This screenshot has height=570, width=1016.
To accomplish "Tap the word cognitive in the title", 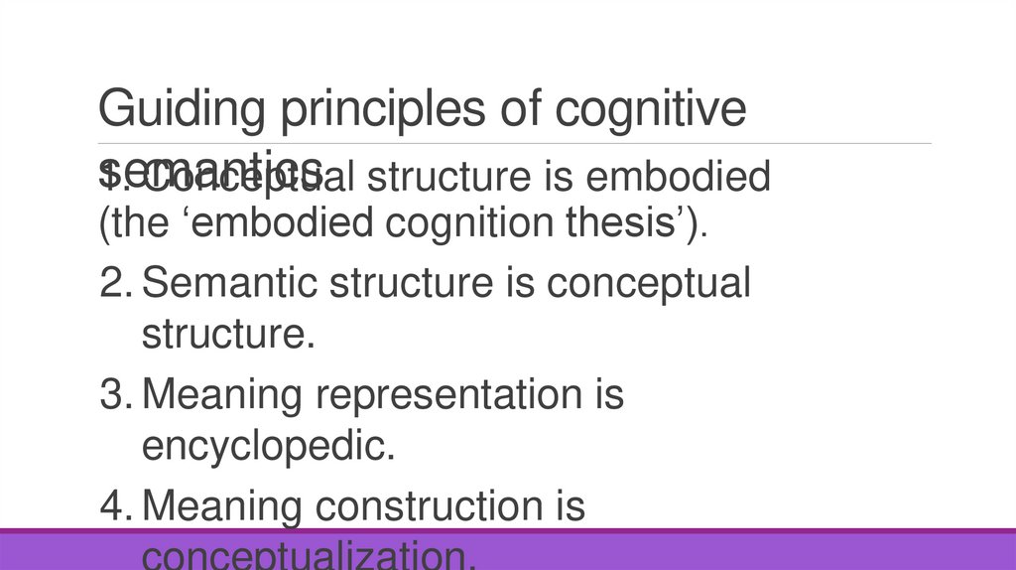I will click(x=651, y=110).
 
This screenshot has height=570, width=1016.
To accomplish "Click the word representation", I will click(x=446, y=395).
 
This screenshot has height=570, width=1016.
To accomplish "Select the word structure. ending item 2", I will click(x=228, y=335).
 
